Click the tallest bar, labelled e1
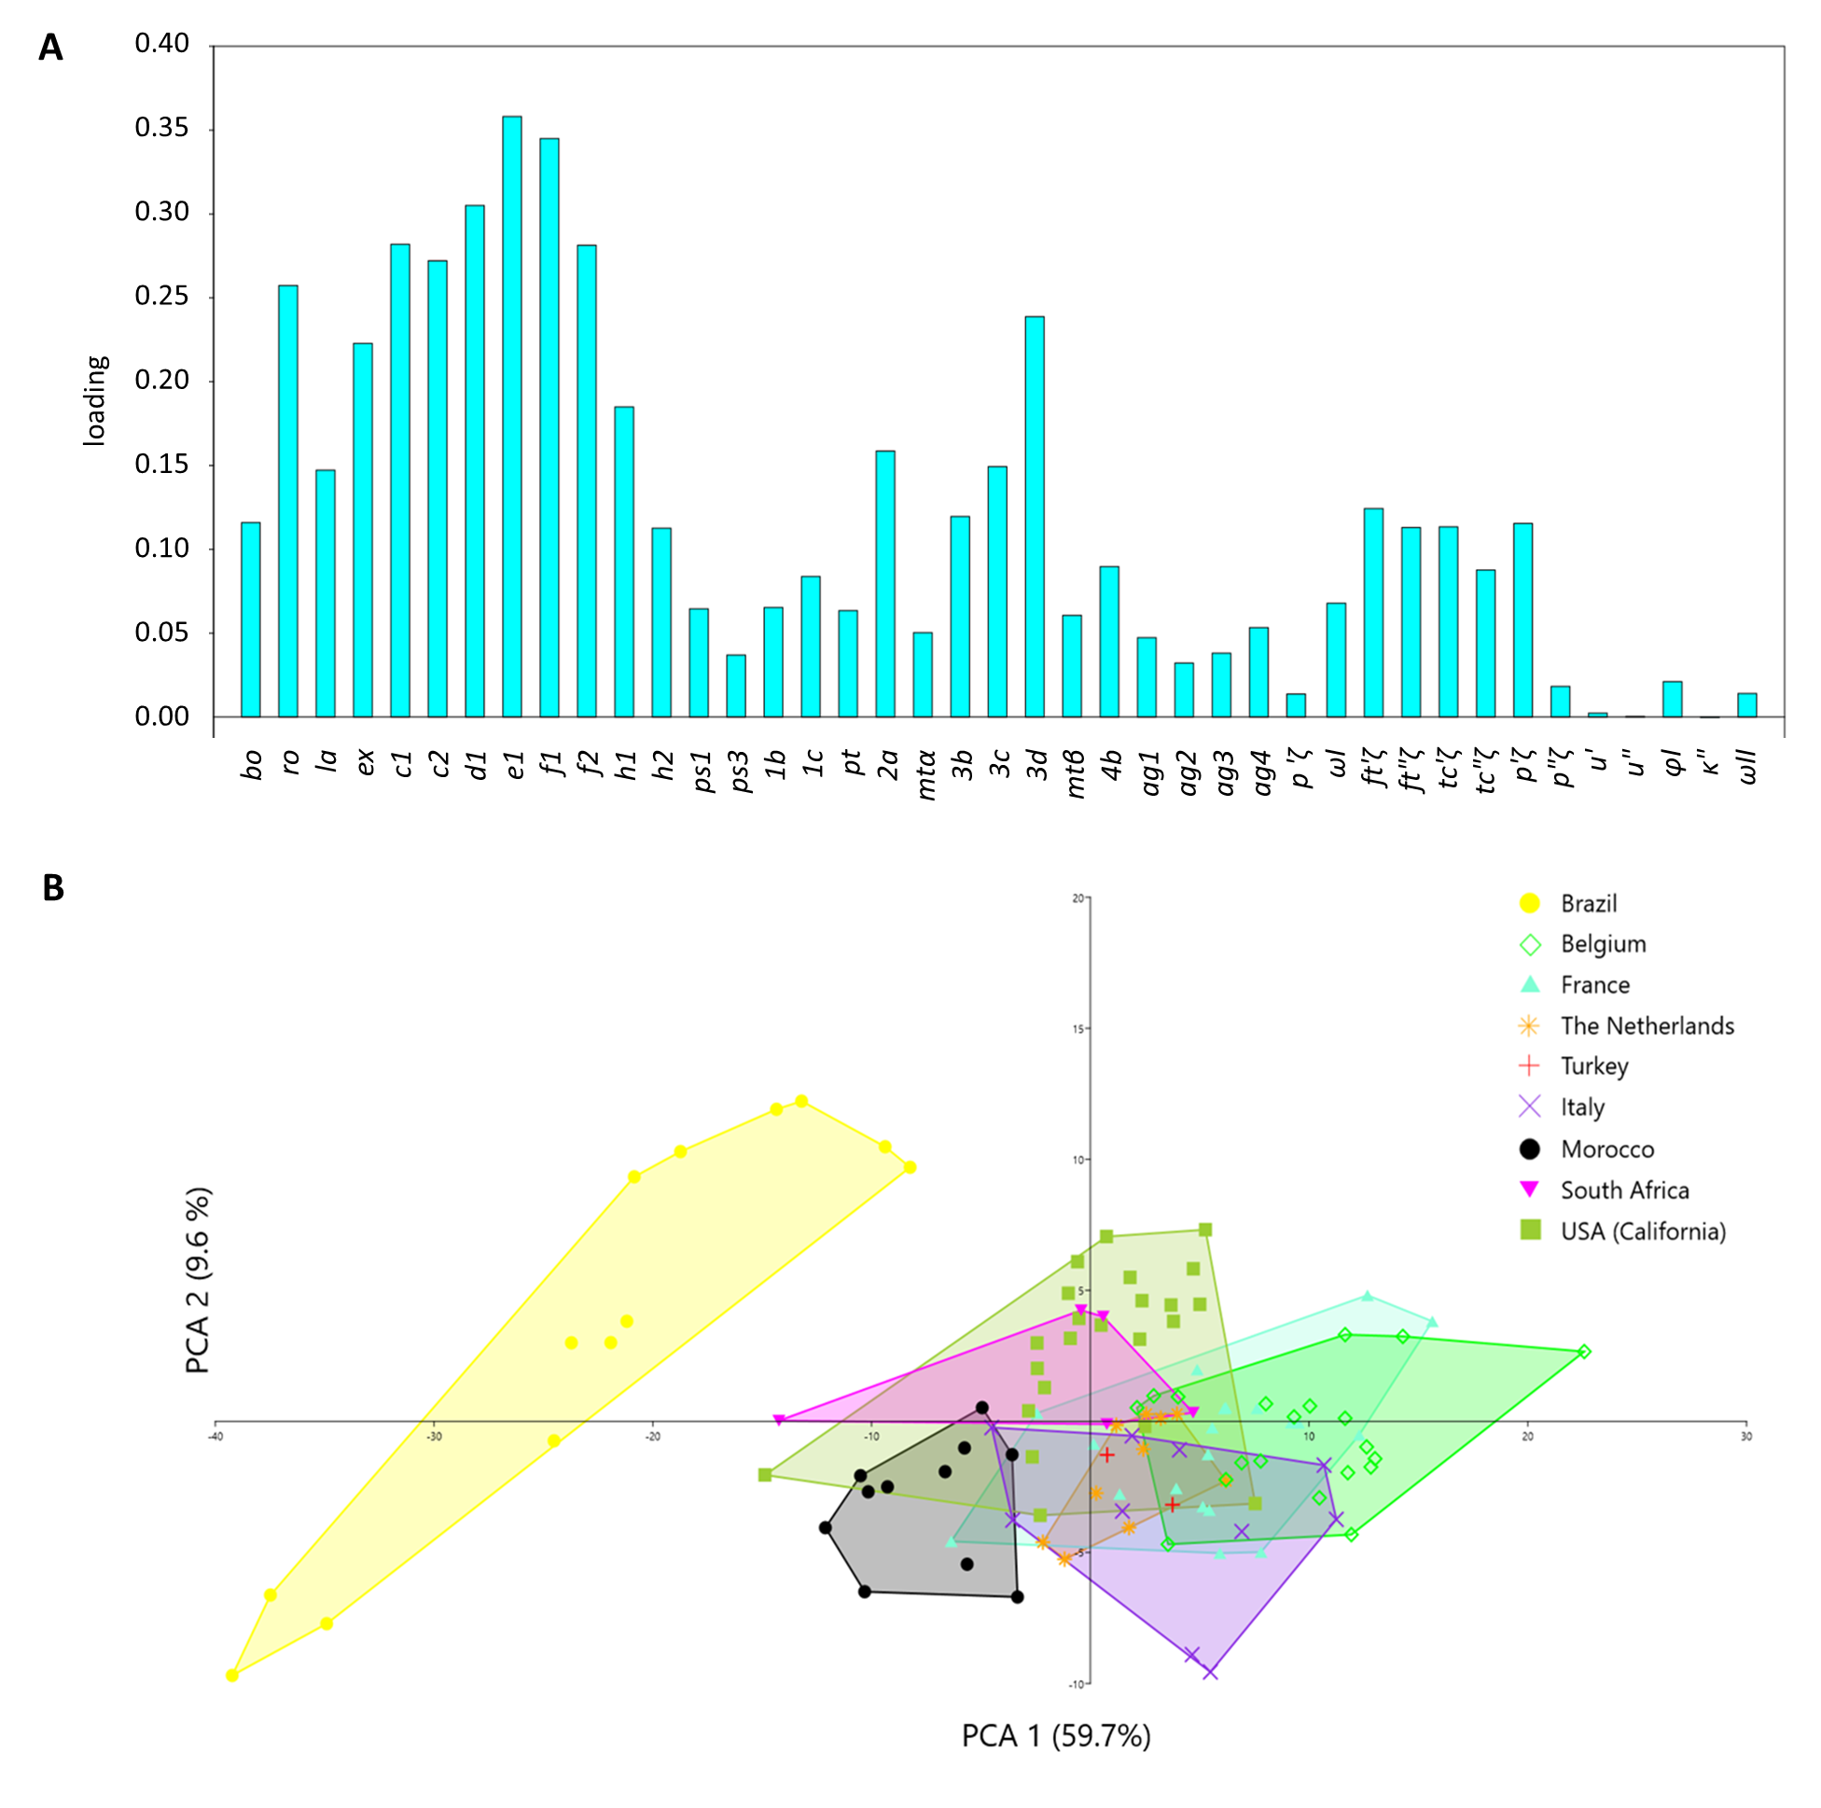(x=512, y=416)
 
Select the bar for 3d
(x=1034, y=517)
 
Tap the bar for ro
(x=287, y=501)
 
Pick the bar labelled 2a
(x=885, y=583)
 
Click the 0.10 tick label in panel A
(x=161, y=549)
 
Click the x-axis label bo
(x=251, y=763)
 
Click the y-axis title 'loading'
(x=95, y=399)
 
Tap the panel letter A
(x=51, y=48)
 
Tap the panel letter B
(x=53, y=887)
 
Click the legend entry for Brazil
(x=1587, y=903)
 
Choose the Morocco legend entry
(x=1606, y=1149)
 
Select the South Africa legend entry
(x=1623, y=1189)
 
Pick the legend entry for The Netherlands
(x=1646, y=1025)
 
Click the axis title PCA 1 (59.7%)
(x=1056, y=1734)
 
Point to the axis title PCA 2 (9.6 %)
(x=198, y=1280)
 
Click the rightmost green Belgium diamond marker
(x=1584, y=1352)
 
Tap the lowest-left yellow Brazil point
(x=232, y=1676)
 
